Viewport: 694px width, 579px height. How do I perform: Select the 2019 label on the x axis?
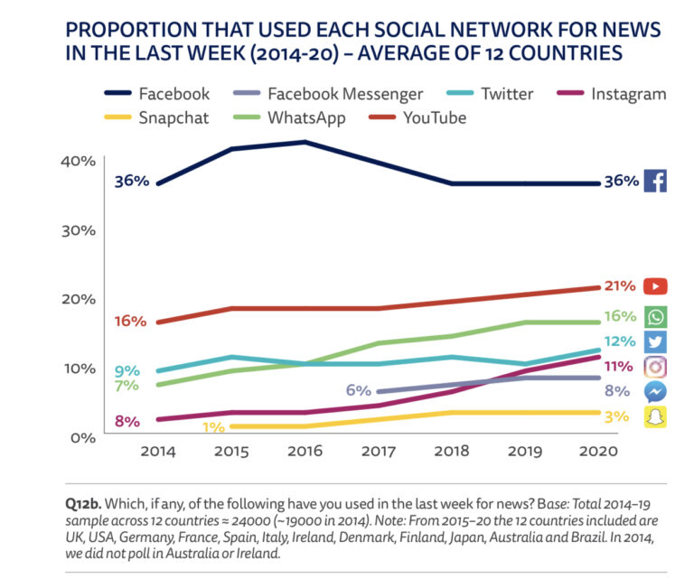click(x=522, y=451)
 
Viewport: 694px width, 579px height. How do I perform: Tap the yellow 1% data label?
click(x=213, y=426)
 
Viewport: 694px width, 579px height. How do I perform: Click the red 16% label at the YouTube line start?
click(x=130, y=322)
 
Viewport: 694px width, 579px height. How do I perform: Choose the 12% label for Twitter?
click(x=618, y=341)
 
